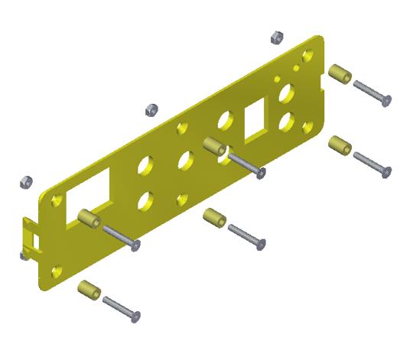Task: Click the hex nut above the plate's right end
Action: [278, 37]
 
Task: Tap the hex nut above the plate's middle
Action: [151, 109]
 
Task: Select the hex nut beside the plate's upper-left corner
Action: [25, 182]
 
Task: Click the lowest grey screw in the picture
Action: [122, 308]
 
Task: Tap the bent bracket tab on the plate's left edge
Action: [31, 236]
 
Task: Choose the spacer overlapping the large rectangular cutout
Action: [89, 218]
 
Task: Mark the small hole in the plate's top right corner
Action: [307, 57]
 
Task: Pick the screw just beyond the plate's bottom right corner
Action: [372, 164]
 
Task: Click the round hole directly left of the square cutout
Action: [226, 120]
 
